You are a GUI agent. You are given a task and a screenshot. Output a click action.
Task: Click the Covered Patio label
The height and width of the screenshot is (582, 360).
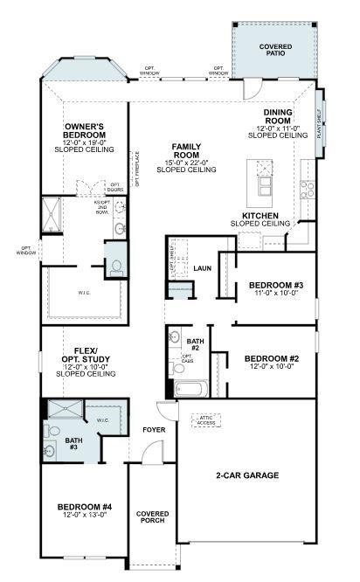pos(276,51)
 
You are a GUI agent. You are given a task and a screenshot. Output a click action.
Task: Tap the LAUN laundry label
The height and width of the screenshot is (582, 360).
pos(203,268)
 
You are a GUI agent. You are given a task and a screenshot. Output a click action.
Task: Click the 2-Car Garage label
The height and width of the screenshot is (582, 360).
pos(247,475)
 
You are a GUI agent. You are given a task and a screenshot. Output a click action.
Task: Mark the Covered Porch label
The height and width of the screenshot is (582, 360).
pos(152,517)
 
